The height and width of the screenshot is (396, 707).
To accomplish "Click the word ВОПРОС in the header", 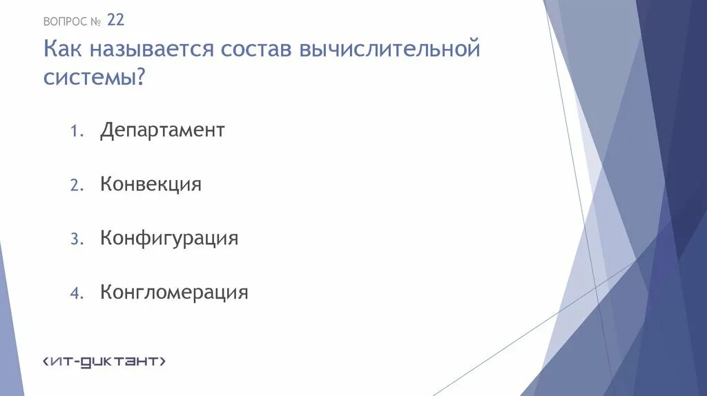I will pos(65,21).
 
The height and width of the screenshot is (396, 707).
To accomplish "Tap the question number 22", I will pos(116,21).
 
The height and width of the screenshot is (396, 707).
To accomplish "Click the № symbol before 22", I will pos(95,21).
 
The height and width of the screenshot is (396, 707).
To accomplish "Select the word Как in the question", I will pos(64,50).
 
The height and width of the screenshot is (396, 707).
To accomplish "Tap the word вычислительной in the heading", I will pos(389,50).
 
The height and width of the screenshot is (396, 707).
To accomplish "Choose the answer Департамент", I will pos(162,130).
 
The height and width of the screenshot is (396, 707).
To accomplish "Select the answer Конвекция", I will pos(151,184).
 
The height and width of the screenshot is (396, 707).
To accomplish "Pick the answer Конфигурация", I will pos(169,239).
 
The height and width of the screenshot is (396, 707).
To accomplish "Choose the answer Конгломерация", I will pos(174,293).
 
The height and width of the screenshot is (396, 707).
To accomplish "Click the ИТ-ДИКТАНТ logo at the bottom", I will pos(104,361).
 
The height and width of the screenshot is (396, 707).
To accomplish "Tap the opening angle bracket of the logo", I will pos(46,361).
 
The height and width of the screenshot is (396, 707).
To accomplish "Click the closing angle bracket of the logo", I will pos(162,361).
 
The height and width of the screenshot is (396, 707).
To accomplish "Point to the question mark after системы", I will pos(140,77).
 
